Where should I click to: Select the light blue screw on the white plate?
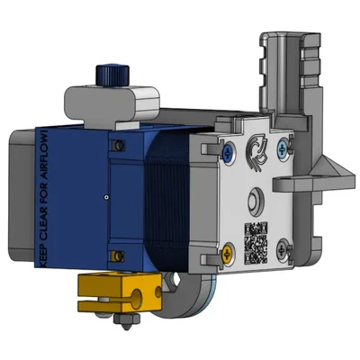pyautogui.click(x=284, y=145)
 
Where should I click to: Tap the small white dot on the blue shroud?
pyautogui.click(x=105, y=195)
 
